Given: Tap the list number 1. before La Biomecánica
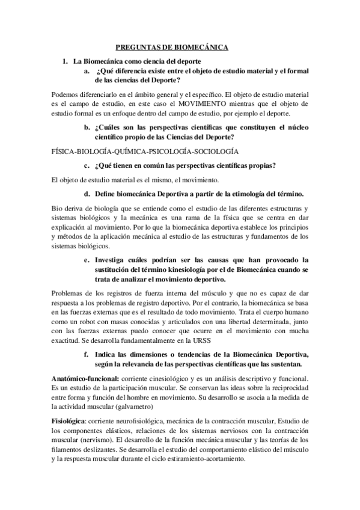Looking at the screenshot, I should click(x=65, y=61).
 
